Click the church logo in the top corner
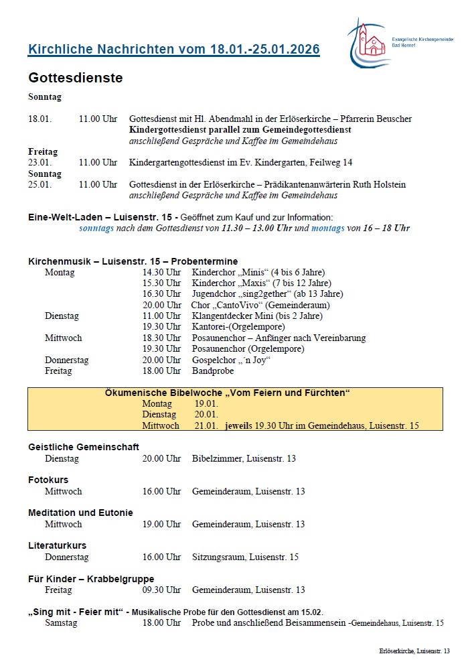[367, 42]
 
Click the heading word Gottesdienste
[75, 78]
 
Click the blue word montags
[327, 228]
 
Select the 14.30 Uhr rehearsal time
[161, 272]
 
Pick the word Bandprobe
[213, 371]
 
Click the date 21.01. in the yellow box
[206, 425]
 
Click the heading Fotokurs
[48, 480]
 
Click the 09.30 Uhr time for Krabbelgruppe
[161, 590]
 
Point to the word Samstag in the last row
[61, 622]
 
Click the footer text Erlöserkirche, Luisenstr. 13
[414, 651]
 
